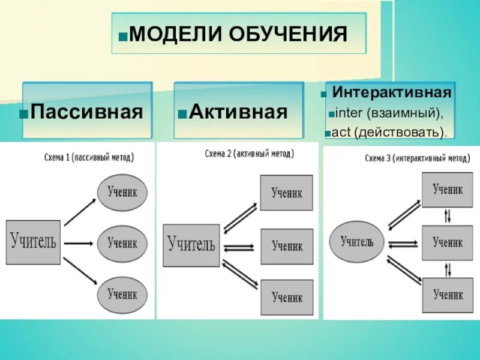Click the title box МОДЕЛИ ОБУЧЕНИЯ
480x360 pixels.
(238, 34)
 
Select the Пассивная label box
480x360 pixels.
(88, 111)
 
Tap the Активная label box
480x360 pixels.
(239, 111)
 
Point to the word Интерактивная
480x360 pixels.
(392, 93)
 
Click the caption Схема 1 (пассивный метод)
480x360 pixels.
(89, 157)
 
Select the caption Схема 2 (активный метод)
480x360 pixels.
(249, 154)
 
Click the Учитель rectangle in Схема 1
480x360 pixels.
(33, 242)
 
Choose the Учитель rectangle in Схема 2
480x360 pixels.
(191, 245)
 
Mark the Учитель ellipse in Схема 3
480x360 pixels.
(357, 242)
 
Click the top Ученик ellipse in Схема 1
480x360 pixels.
(122, 193)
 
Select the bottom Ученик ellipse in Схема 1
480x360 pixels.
(122, 295)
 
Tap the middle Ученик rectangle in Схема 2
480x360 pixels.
(287, 246)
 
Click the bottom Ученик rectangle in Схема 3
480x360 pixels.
(448, 295)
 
